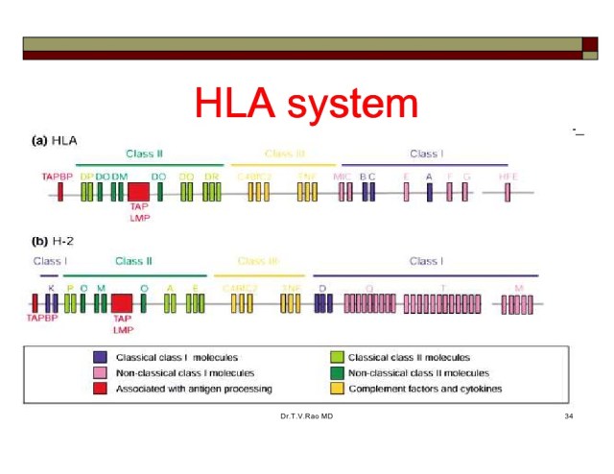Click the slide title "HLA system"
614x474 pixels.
pos(306,103)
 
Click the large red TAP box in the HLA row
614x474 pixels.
pos(138,191)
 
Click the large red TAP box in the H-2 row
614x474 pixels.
pos(122,302)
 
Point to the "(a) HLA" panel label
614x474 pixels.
pos(57,140)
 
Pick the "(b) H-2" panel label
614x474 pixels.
pos(57,240)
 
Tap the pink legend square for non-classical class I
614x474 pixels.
pos(99,373)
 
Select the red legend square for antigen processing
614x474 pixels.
pos(99,389)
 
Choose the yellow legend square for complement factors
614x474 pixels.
pos(336,389)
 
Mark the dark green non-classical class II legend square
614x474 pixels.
pos(336,373)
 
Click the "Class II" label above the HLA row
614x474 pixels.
pos(144,154)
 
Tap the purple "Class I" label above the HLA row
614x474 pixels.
pos(426,154)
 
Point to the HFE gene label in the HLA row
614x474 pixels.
pos(508,177)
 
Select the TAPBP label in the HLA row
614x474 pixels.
pos(58,177)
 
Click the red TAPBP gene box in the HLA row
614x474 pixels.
pos(60,192)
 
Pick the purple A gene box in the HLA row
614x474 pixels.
pos(430,192)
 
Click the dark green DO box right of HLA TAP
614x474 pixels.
pos(160,192)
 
